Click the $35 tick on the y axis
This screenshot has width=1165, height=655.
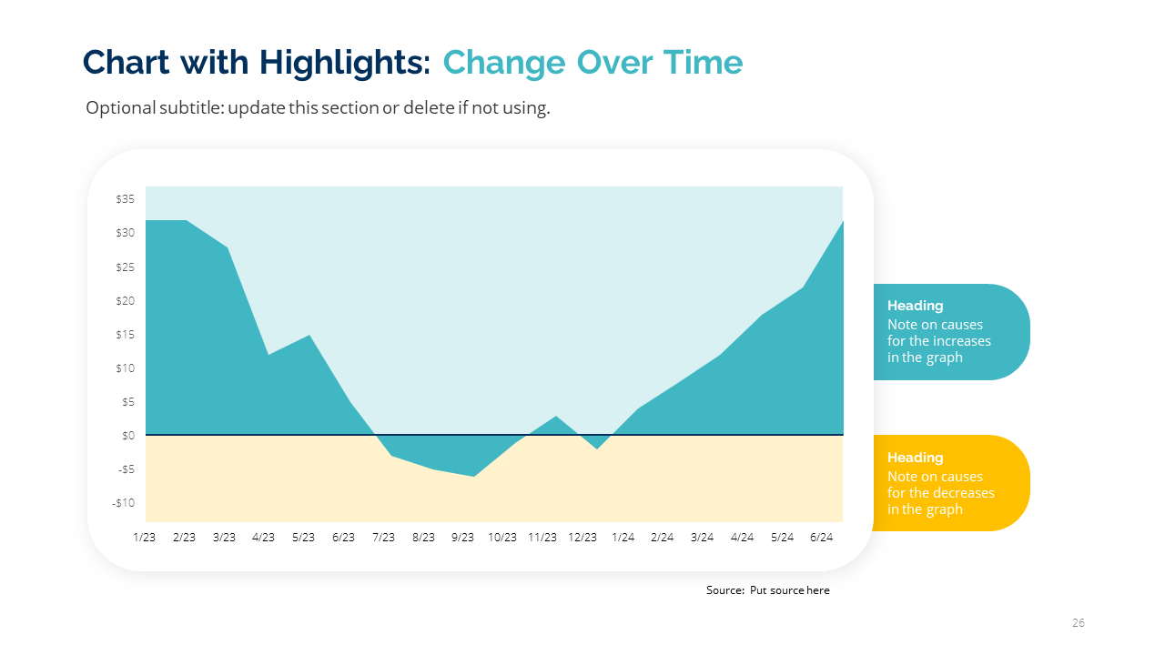point(126,199)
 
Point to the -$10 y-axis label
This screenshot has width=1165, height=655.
point(124,503)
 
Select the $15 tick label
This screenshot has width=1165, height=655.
point(126,335)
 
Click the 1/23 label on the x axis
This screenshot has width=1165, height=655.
point(145,538)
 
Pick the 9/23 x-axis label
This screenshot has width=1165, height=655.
point(462,538)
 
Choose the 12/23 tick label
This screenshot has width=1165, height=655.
point(582,538)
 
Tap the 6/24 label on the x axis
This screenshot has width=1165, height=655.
point(821,538)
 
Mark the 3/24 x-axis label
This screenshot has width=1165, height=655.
point(702,538)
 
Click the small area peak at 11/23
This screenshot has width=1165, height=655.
point(555,417)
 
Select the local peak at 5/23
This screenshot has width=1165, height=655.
point(309,336)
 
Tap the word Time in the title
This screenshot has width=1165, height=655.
point(702,63)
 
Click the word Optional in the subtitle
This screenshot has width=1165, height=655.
point(121,108)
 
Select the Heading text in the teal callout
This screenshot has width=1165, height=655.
point(915,306)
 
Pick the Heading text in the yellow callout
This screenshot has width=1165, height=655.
point(915,458)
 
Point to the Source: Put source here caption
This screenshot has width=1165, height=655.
point(767,590)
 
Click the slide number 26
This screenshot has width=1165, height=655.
point(1079,623)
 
